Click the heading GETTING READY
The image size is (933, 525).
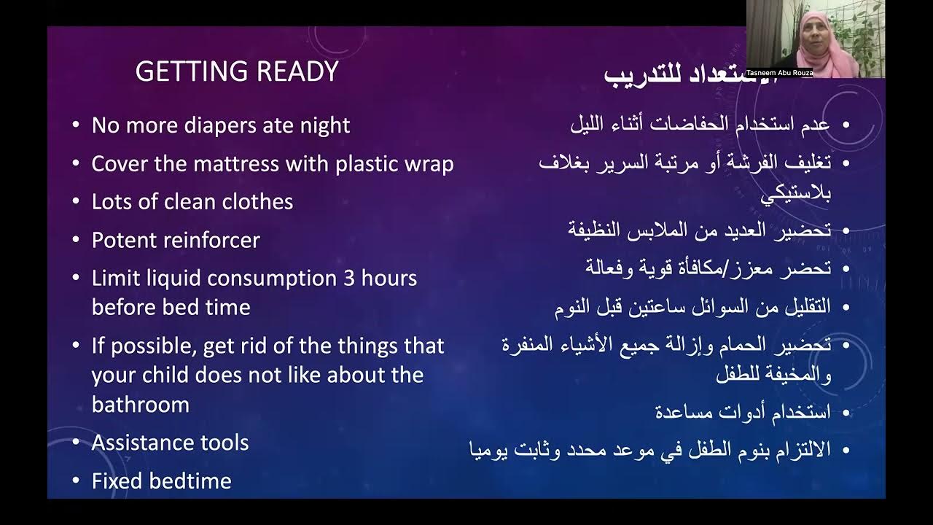(x=237, y=71)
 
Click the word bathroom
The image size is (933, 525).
(x=141, y=405)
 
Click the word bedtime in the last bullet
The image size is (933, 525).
(x=190, y=481)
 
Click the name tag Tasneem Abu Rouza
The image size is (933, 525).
(x=779, y=73)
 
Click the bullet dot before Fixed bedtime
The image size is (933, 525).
(x=77, y=481)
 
